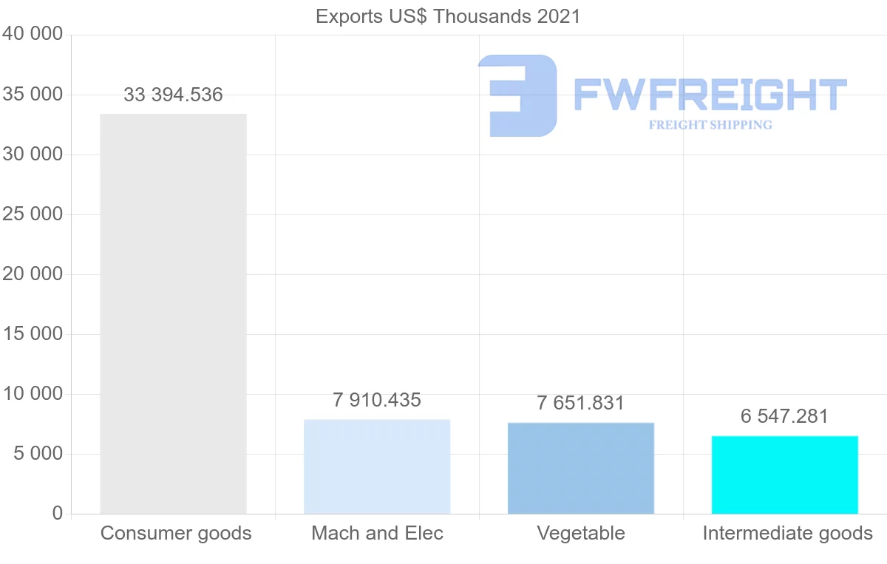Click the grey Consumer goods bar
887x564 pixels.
(x=173, y=313)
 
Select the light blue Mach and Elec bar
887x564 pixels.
(x=377, y=466)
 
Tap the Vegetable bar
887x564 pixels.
(x=581, y=468)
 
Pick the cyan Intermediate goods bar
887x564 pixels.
(x=785, y=475)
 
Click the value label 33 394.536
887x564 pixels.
(x=173, y=95)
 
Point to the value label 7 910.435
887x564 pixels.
(x=377, y=401)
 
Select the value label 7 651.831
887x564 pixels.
(x=581, y=404)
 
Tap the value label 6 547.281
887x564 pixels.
(x=785, y=416)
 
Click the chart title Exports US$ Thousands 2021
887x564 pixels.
(x=448, y=16)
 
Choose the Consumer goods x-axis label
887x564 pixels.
(x=176, y=533)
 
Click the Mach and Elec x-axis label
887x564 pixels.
(x=377, y=533)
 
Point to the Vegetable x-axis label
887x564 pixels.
(x=581, y=533)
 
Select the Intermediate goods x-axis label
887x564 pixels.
(x=788, y=533)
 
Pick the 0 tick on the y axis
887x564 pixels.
(x=58, y=514)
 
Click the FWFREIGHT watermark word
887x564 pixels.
(x=710, y=95)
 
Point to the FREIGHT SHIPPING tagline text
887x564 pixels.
(x=710, y=125)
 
